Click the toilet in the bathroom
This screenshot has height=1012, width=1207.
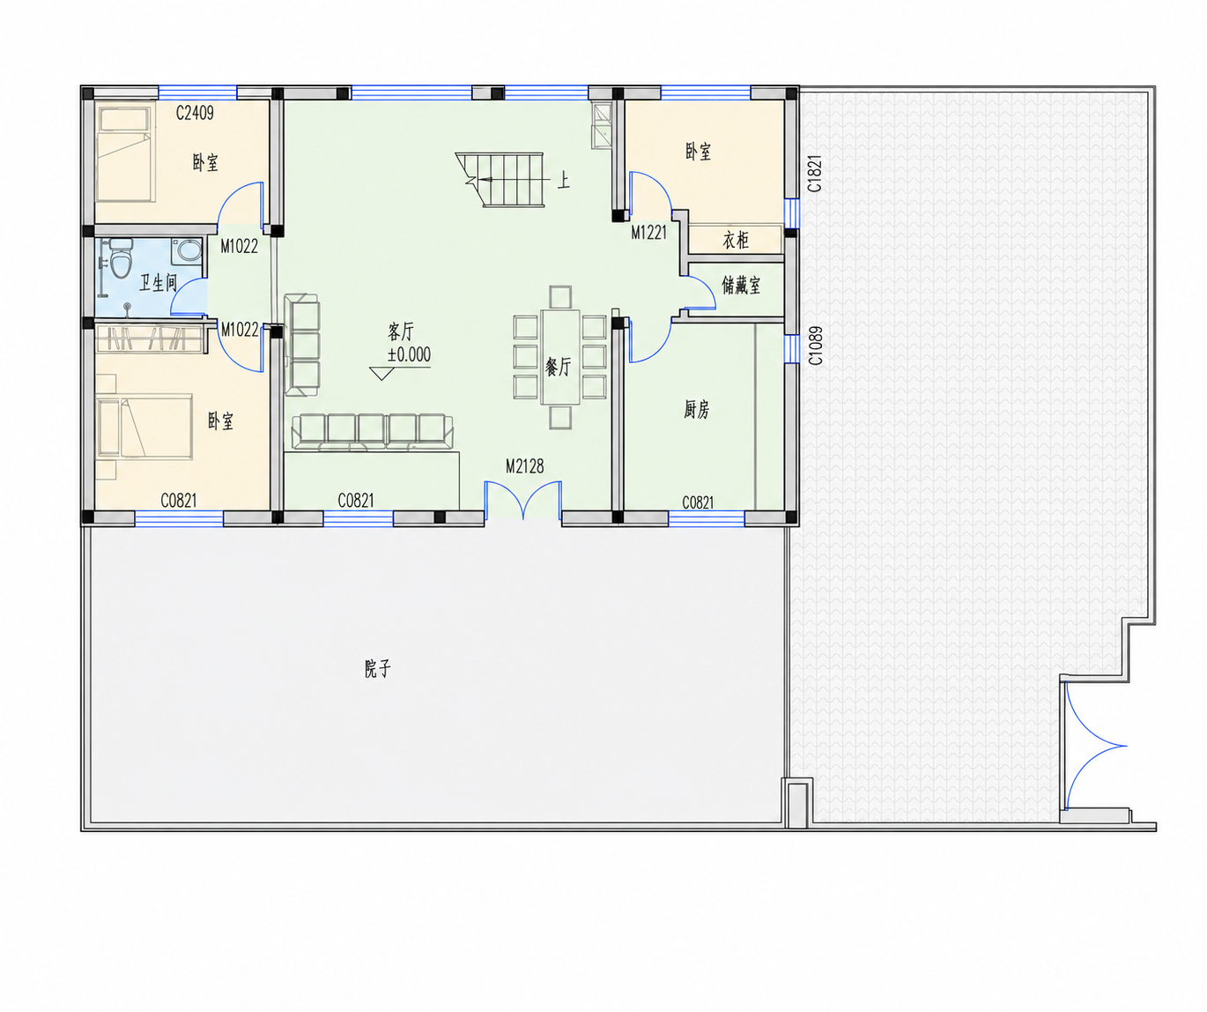[121, 258]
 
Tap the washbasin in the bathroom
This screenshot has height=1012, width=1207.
[186, 252]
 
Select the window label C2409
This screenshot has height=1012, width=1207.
[195, 113]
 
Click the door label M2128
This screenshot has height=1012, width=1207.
[524, 466]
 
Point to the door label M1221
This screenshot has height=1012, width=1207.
[648, 233]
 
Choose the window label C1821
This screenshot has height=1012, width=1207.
[814, 174]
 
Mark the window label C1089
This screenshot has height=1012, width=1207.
[814, 346]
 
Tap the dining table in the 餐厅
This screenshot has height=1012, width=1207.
[560, 357]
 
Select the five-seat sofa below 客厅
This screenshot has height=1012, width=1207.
[373, 431]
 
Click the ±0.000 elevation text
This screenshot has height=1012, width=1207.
[409, 354]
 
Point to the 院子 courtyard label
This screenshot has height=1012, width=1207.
[377, 669]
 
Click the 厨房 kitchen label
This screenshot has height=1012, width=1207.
[696, 409]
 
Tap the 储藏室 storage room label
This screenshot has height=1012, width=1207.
[741, 285]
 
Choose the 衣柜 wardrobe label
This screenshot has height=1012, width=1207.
[736, 240]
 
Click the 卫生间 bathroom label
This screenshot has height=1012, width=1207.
[158, 283]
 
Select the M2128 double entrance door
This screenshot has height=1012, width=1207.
[523, 501]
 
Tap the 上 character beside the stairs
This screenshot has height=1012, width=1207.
[563, 181]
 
